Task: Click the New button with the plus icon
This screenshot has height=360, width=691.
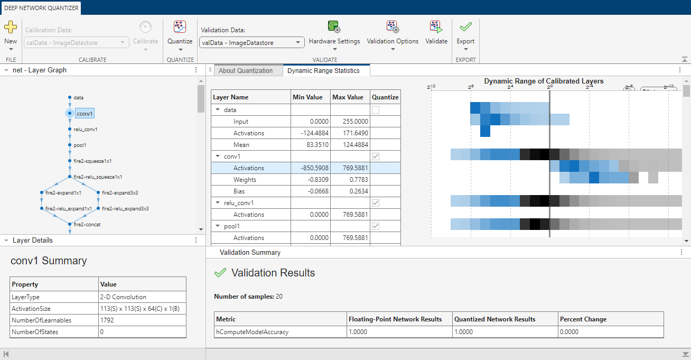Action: point(11,35)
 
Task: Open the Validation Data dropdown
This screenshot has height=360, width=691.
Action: point(251,43)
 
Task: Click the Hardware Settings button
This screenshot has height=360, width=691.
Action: point(334,35)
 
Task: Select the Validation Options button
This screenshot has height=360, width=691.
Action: point(393,35)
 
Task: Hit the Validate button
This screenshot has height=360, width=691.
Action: point(436,33)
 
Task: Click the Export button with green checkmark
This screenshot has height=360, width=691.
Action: point(465,35)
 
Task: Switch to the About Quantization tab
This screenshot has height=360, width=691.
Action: point(246,71)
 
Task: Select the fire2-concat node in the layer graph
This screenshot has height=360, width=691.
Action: point(87,225)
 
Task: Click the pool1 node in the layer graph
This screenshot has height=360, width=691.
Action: point(80,145)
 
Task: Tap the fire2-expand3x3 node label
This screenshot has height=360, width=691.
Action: point(120,192)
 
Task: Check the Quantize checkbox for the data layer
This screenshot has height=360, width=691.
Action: point(376,110)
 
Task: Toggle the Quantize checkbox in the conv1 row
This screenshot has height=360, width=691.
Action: point(376,156)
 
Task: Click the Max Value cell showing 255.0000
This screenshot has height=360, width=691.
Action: point(350,122)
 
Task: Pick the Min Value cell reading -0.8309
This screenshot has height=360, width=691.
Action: point(310,180)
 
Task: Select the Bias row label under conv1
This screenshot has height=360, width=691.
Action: point(239,191)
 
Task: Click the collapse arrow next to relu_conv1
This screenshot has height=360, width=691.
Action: point(218,202)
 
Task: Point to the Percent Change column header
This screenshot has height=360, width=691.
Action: point(583,319)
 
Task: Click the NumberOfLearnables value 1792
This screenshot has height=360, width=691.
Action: point(107,320)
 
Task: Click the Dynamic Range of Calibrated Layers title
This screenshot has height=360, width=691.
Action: point(544,81)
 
